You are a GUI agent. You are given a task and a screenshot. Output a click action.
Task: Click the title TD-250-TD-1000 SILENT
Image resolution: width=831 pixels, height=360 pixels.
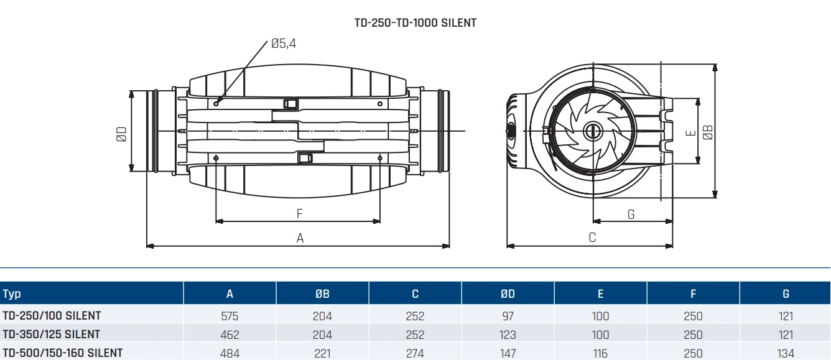[x=415, y=23]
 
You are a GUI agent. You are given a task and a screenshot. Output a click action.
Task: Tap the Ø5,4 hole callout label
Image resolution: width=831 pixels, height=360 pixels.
[x=283, y=44]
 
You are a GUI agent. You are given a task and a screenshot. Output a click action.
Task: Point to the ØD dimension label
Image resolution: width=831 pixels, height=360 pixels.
[x=122, y=134]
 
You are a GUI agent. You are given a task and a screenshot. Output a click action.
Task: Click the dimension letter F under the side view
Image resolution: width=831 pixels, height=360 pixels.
[x=299, y=214]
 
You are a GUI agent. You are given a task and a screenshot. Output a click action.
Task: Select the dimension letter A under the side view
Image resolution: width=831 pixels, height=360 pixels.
[x=300, y=238]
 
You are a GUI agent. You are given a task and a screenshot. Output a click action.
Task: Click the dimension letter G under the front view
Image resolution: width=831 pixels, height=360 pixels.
[x=631, y=215]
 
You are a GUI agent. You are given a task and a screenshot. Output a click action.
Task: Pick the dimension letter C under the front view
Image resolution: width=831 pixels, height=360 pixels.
[x=592, y=238]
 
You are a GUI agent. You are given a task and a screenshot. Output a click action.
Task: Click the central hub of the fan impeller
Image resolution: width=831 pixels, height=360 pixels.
[x=590, y=131]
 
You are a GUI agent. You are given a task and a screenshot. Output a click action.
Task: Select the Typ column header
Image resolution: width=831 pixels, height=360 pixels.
[x=12, y=294]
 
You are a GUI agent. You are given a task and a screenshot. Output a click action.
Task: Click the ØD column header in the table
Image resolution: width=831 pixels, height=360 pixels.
[x=508, y=294]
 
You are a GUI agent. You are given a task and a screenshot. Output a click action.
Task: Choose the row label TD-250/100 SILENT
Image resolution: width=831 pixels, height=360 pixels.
[x=52, y=316]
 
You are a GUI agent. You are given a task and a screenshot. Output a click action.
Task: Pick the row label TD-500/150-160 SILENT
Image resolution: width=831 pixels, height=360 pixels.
[x=63, y=353]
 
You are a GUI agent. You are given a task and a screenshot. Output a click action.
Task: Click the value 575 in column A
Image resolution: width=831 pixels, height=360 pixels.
[x=230, y=316]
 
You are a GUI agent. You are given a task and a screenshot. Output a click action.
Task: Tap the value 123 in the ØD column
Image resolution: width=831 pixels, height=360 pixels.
[x=508, y=335]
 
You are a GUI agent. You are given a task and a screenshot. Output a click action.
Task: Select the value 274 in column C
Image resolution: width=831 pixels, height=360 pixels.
[x=415, y=353]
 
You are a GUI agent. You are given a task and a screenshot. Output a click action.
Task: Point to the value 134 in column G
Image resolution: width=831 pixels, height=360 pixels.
[x=786, y=353]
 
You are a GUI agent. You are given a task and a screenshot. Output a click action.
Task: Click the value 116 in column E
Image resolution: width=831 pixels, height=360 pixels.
[x=600, y=353]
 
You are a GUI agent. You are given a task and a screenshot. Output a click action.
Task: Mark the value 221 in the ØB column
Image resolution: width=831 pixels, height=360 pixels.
[x=322, y=353]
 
